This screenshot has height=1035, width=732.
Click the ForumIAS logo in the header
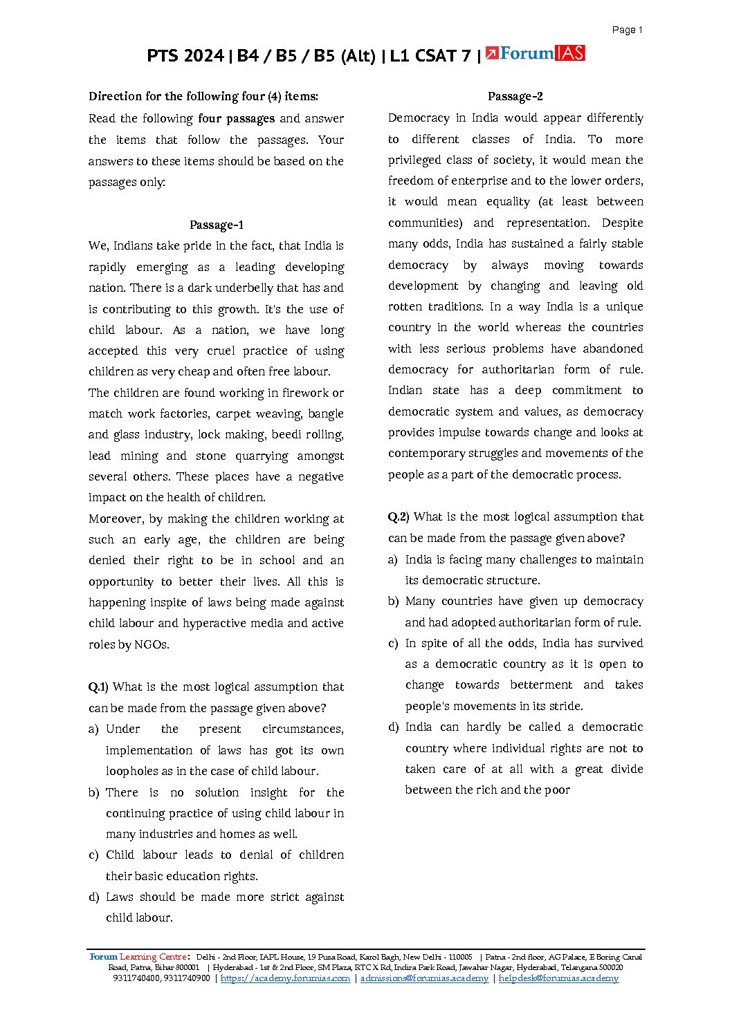535,53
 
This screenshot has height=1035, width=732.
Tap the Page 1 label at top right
627,30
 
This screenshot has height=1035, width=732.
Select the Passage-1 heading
216,225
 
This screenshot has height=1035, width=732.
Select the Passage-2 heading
515,96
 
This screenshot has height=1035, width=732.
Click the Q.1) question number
98,687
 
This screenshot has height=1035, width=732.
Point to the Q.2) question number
399,516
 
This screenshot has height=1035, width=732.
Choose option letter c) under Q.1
93,855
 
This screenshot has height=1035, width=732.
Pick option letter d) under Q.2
393,727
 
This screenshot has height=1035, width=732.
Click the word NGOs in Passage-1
151,644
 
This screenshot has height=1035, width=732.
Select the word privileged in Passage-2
414,160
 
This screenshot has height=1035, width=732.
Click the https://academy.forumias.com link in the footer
285,978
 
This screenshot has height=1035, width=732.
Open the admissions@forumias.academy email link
424,978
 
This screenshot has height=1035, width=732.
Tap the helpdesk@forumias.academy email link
558,978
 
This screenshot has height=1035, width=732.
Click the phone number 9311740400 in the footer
136,978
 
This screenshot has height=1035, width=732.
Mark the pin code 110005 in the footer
460,957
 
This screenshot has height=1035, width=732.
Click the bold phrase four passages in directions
236,118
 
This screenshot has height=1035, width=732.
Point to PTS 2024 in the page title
185,55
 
